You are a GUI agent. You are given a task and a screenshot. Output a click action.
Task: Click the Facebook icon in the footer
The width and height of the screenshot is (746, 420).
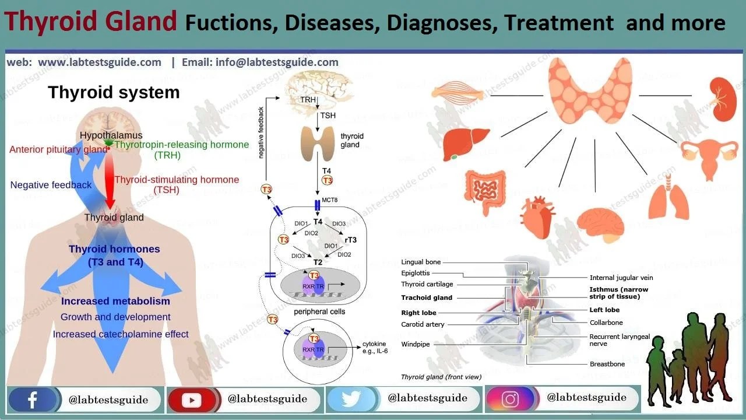pos(33,400)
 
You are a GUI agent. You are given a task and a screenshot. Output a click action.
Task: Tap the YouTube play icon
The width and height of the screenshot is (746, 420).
pos(191,400)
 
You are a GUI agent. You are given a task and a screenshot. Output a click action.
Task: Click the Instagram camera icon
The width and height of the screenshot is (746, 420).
pos(510,400)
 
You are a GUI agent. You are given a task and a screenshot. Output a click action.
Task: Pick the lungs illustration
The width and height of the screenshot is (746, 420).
pos(669,198)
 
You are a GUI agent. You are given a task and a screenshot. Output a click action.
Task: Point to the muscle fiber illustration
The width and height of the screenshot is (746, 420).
pos(458,93)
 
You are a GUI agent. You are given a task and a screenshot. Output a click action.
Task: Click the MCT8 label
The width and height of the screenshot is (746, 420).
pos(330,200)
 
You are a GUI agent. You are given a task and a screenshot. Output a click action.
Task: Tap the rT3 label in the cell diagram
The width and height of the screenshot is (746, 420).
pos(351,240)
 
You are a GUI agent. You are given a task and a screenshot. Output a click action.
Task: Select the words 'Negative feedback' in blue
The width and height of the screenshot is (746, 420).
pos(51,185)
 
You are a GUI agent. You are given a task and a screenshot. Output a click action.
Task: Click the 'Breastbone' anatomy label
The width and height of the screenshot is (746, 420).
pos(607,364)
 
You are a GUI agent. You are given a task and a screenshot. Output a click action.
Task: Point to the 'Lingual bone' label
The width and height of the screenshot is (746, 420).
pos(421,262)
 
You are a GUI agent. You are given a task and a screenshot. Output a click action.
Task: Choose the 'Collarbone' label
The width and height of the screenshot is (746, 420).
pos(606,323)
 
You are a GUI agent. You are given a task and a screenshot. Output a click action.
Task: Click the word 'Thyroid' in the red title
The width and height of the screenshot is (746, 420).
pos(47,22)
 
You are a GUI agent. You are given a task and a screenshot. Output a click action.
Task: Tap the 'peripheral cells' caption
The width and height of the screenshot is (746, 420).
pos(319,311)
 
